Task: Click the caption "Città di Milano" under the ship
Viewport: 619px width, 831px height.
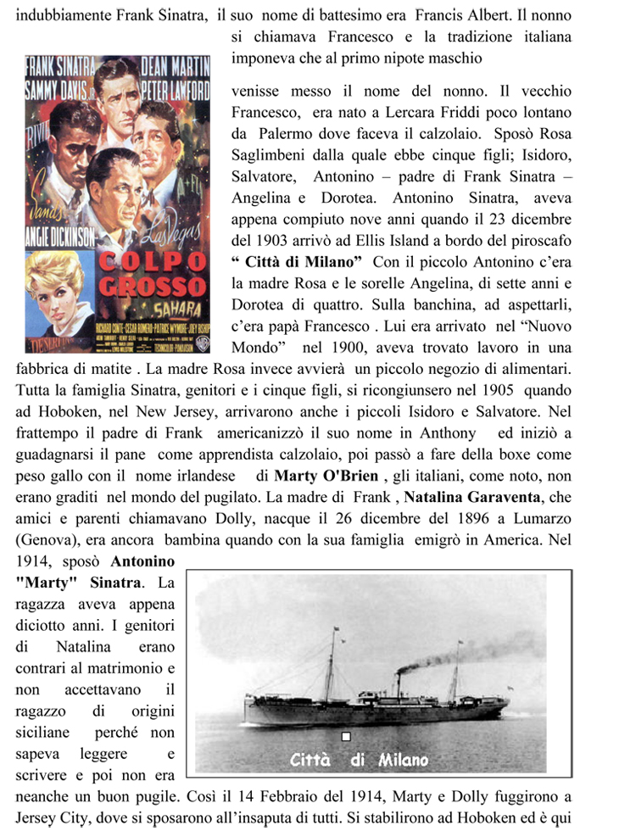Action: pos(359,759)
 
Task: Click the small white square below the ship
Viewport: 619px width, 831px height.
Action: pos(345,737)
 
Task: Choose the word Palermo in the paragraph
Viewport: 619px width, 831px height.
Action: pos(285,134)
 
